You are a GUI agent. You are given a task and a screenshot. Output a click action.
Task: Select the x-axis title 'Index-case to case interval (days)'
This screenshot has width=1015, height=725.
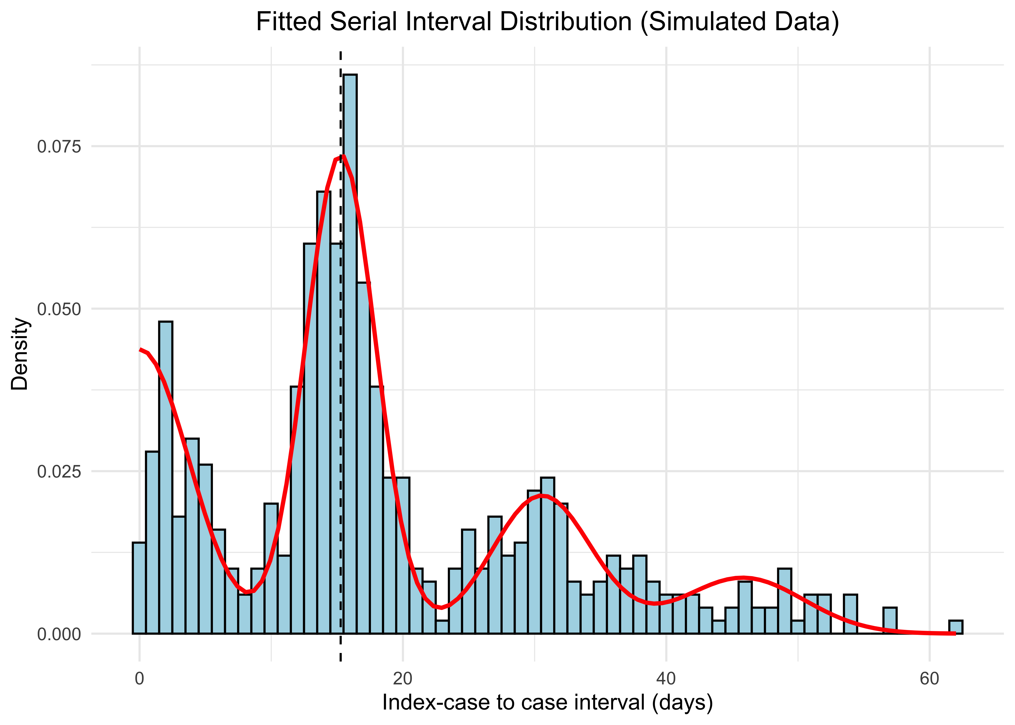click(x=547, y=702)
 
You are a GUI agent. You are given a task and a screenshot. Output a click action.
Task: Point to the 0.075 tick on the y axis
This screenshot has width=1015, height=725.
click(x=59, y=146)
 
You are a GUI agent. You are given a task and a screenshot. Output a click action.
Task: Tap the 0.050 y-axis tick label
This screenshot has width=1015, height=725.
click(x=59, y=309)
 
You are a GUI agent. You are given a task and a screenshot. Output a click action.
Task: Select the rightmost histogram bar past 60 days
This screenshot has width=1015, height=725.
click(x=956, y=627)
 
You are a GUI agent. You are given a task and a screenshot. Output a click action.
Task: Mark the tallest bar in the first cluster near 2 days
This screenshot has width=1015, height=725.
click(x=166, y=478)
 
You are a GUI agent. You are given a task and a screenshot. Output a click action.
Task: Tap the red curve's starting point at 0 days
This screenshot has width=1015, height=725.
click(x=140, y=349)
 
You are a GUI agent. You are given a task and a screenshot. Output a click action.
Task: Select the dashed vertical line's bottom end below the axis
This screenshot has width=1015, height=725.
click(x=341, y=660)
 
